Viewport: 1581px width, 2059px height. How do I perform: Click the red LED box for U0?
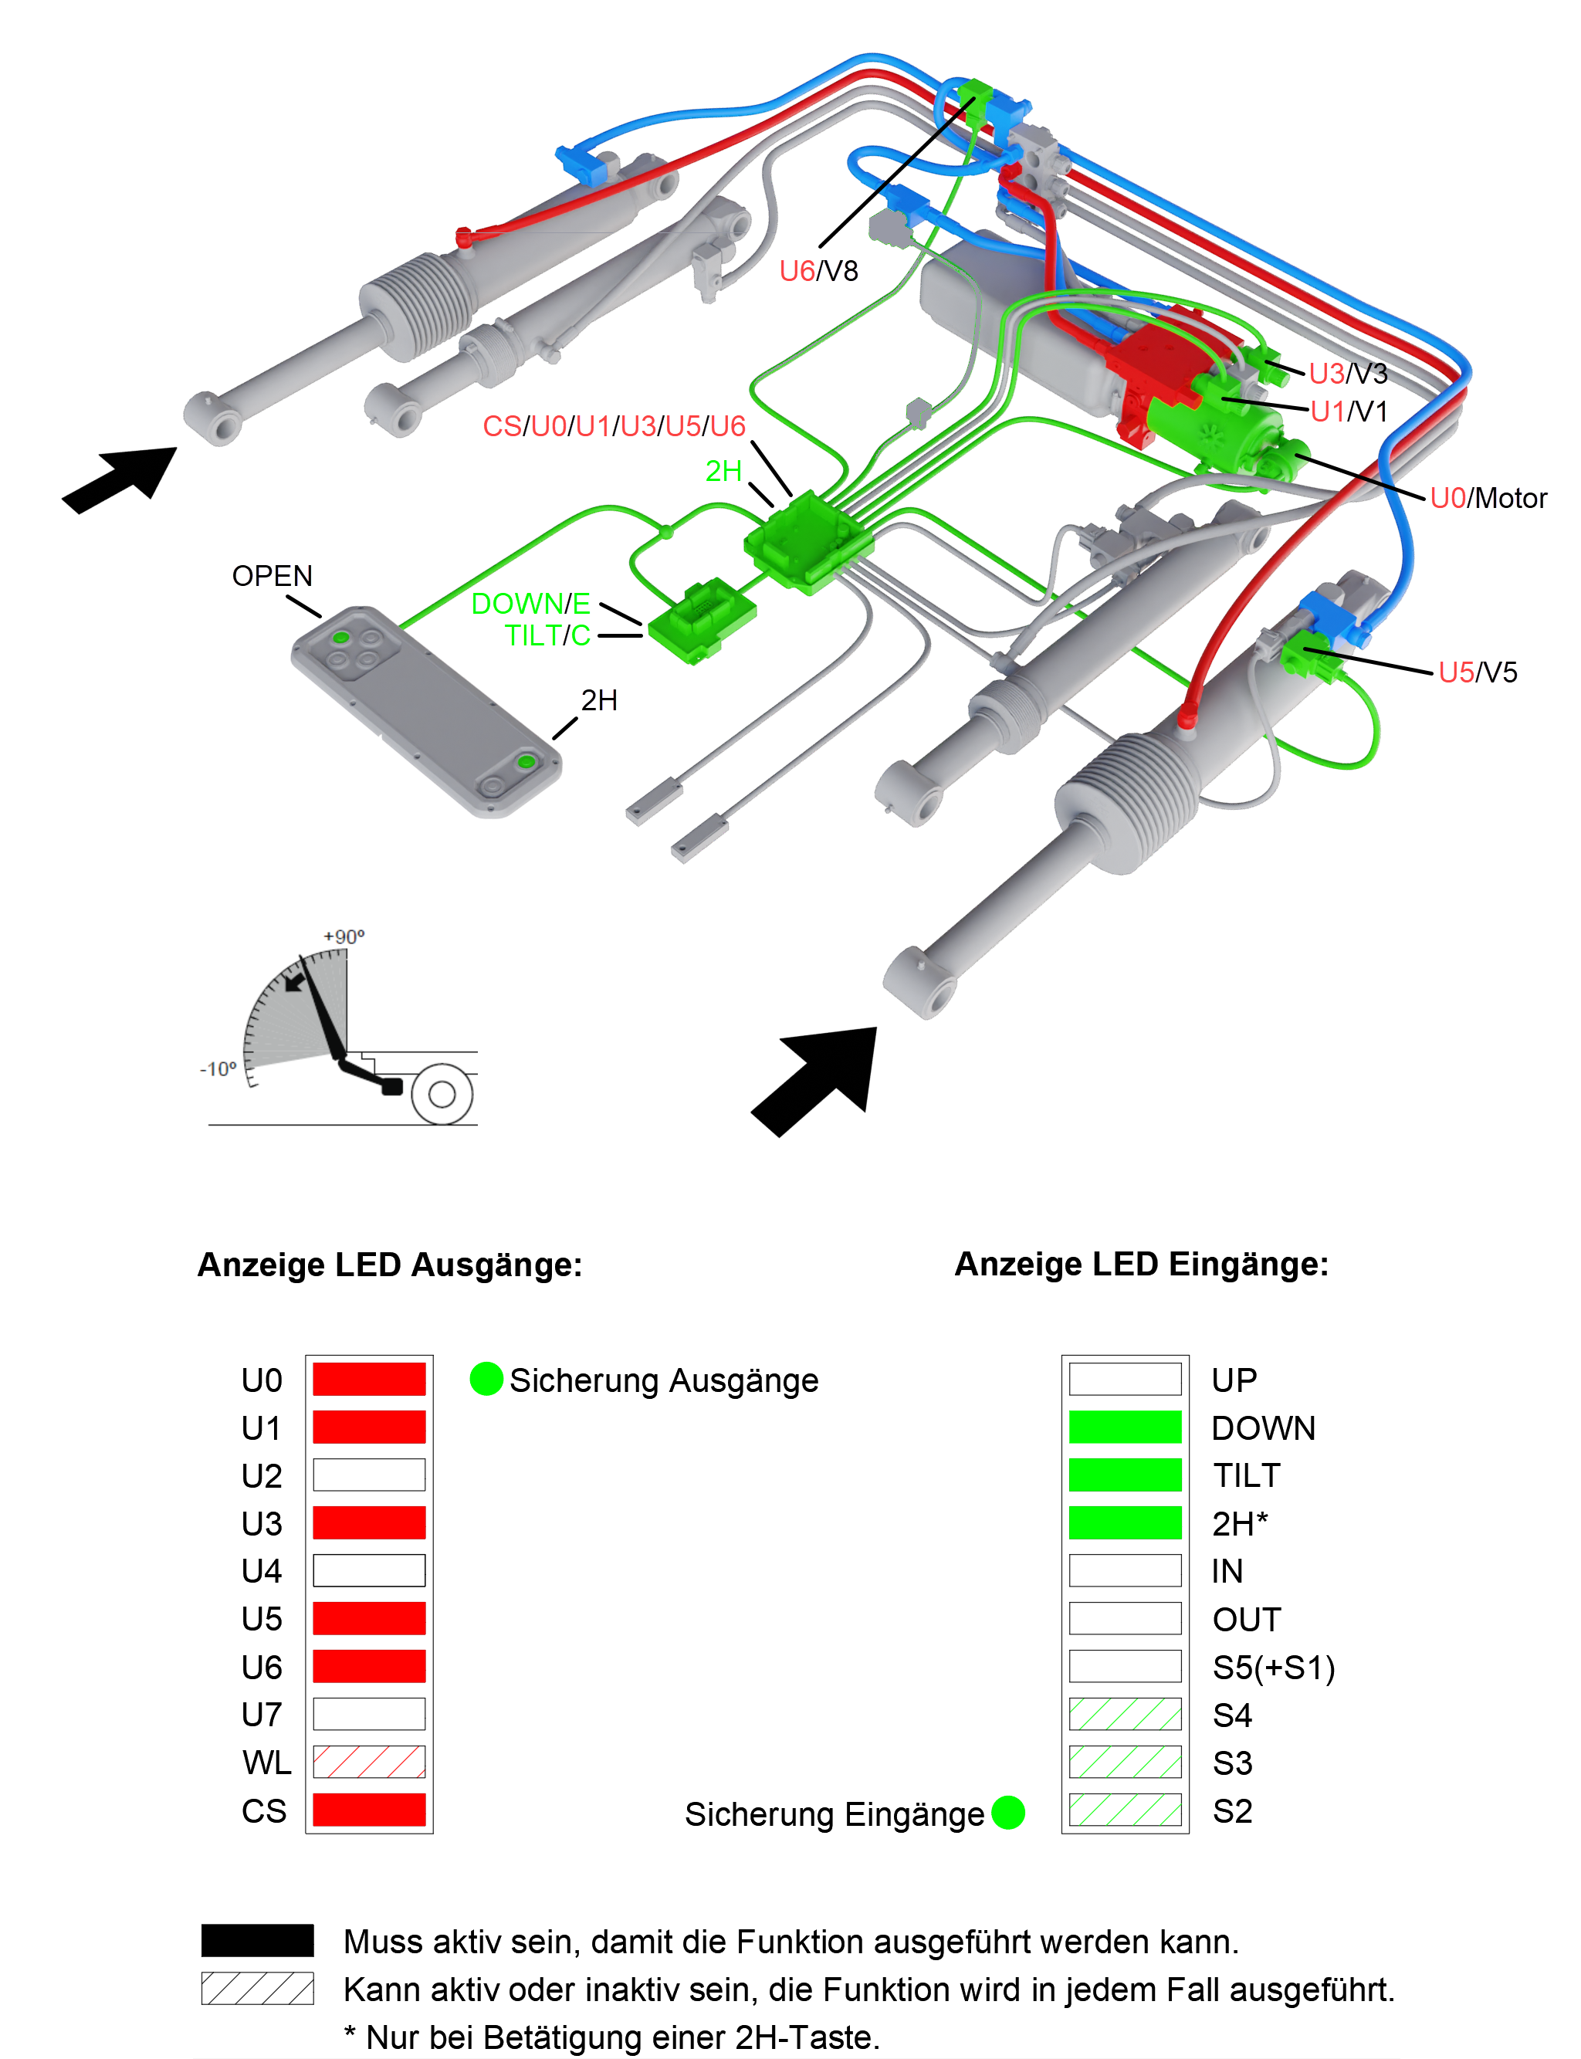369,1380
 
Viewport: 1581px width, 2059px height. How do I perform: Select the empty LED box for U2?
369,1475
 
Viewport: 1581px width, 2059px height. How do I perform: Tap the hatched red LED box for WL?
369,1762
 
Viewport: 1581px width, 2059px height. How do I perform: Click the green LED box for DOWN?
1125,1427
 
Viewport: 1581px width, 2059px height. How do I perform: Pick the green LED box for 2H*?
1125,1522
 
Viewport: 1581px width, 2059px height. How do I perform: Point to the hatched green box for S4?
1125,1714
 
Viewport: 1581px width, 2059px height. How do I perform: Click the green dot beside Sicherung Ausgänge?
486,1379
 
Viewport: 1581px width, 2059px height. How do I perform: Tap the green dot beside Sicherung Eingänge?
1008,1813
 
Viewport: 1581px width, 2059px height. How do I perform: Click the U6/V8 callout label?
818,271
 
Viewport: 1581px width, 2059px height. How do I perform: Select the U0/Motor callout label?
1487,498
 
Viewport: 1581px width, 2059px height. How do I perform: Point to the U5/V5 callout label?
1477,672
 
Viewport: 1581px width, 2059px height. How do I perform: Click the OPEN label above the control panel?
272,576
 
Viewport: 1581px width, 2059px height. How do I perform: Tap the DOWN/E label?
530,603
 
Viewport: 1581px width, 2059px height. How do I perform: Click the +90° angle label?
344,936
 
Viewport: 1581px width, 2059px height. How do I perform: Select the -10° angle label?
218,1069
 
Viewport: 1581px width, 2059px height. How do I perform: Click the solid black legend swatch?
257,1940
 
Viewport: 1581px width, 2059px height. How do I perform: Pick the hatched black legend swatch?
257,1989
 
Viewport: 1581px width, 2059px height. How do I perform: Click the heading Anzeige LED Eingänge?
1140,1264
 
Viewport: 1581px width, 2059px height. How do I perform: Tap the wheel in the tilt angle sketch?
442,1093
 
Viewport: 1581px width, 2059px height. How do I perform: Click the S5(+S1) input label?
1273,1668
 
